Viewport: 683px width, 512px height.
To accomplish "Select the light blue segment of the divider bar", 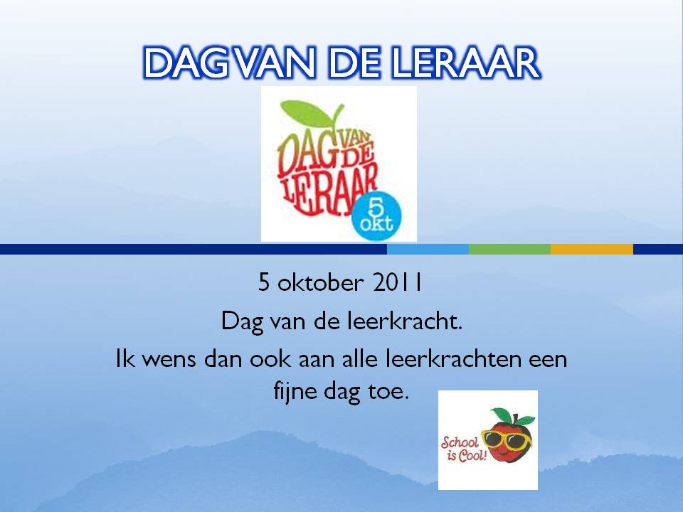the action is click(428, 249).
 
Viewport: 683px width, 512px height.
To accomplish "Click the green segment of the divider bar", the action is click(509, 249).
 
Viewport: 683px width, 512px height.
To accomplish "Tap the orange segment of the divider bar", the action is click(591, 249).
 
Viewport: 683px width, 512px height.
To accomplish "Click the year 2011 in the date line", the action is click(397, 282).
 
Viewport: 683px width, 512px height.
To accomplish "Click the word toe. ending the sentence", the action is click(389, 392).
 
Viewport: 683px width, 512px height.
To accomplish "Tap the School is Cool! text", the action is click(462, 449).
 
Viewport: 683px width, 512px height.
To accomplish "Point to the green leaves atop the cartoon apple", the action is click(512, 416).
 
